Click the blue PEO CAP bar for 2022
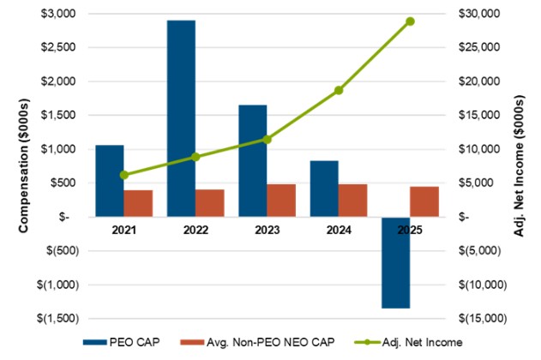coord(181,118)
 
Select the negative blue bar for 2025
coord(396,262)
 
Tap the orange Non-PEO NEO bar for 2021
coord(138,203)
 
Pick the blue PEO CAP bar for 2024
coord(324,189)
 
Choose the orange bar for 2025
coord(424,201)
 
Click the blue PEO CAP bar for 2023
coord(253,160)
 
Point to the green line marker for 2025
coord(410,21)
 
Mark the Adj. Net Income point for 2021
coord(124,175)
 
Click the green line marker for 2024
coord(339,90)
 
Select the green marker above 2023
coord(267,140)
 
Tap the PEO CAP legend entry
coord(122,342)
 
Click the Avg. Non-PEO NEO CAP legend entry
coord(257,342)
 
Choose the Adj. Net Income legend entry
coord(408,342)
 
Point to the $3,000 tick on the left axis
coord(58,14)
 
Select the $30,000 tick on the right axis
coord(479,14)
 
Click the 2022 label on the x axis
coord(195,230)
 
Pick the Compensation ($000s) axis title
coord(23,166)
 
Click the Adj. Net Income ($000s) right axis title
coord(519,166)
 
